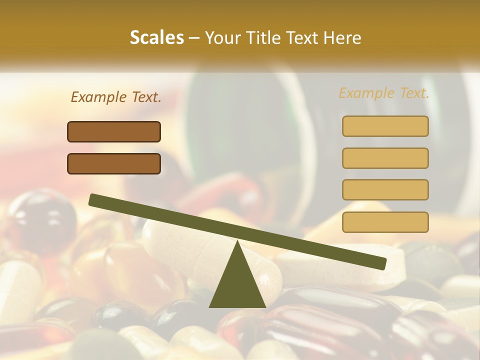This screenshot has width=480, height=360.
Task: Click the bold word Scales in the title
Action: tap(156, 38)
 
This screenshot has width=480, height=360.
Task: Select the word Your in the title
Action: tap(221, 38)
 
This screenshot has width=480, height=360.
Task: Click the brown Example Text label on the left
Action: tap(116, 97)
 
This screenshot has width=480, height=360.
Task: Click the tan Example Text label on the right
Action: tap(384, 93)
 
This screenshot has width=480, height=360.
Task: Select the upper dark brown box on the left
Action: tap(114, 131)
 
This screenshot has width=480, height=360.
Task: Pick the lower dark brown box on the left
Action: tap(114, 163)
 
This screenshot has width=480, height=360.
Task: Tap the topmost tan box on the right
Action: tap(385, 126)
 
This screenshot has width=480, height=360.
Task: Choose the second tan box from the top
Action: tap(385, 158)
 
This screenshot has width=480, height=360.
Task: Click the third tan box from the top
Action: tap(385, 189)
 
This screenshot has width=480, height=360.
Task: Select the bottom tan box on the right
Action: tap(385, 222)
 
